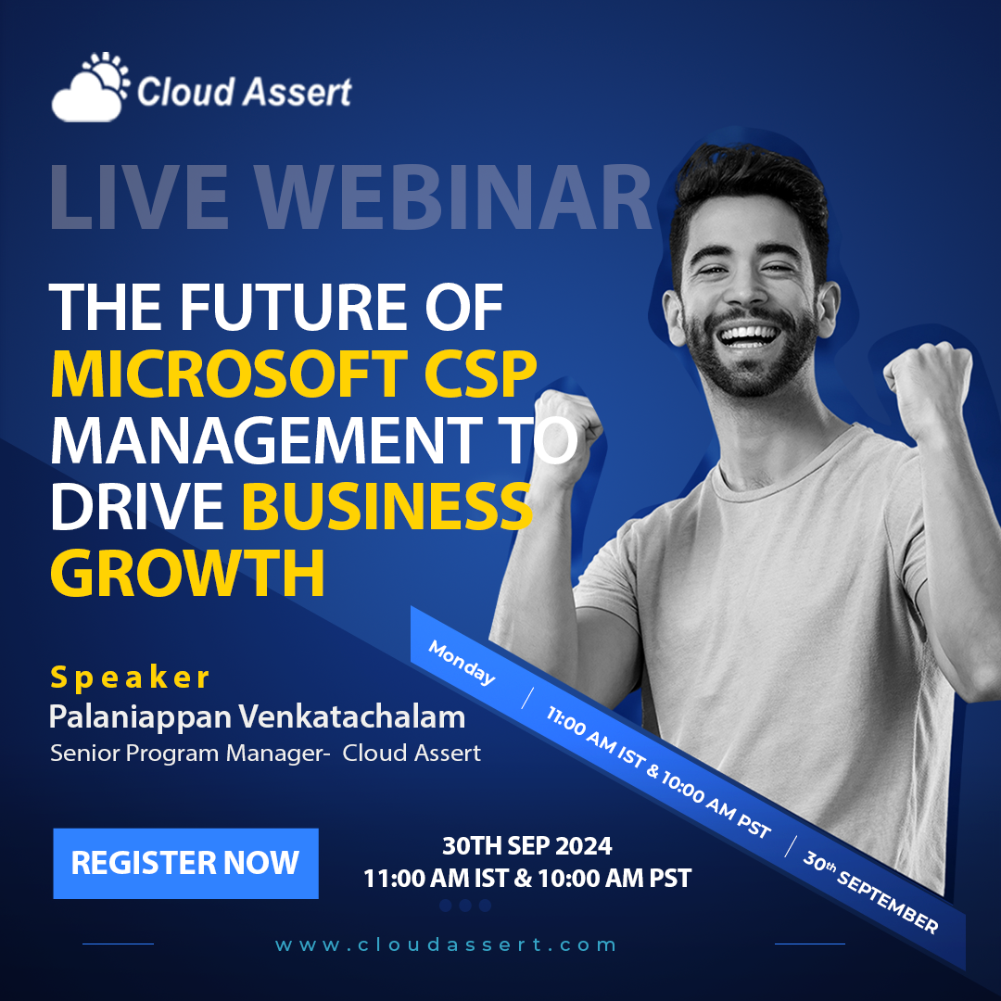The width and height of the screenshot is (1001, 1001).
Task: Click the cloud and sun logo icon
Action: (90, 87)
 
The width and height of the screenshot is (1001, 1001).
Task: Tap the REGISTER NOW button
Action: (185, 863)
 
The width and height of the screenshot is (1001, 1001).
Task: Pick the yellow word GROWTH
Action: (187, 573)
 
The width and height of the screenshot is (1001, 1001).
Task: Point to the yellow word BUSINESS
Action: (386, 506)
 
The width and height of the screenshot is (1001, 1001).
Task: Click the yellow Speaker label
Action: (130, 678)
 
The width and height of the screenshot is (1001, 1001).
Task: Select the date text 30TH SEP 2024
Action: (527, 846)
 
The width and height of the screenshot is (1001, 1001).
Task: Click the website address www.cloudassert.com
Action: (446, 944)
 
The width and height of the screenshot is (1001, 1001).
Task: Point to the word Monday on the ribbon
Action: (462, 663)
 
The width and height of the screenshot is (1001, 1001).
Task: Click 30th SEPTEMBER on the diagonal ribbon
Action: (870, 893)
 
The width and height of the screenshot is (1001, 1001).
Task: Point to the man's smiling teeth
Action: (750, 336)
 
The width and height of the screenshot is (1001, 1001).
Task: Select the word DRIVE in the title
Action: (137, 506)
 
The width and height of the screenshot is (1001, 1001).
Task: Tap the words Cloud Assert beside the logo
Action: (244, 91)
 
